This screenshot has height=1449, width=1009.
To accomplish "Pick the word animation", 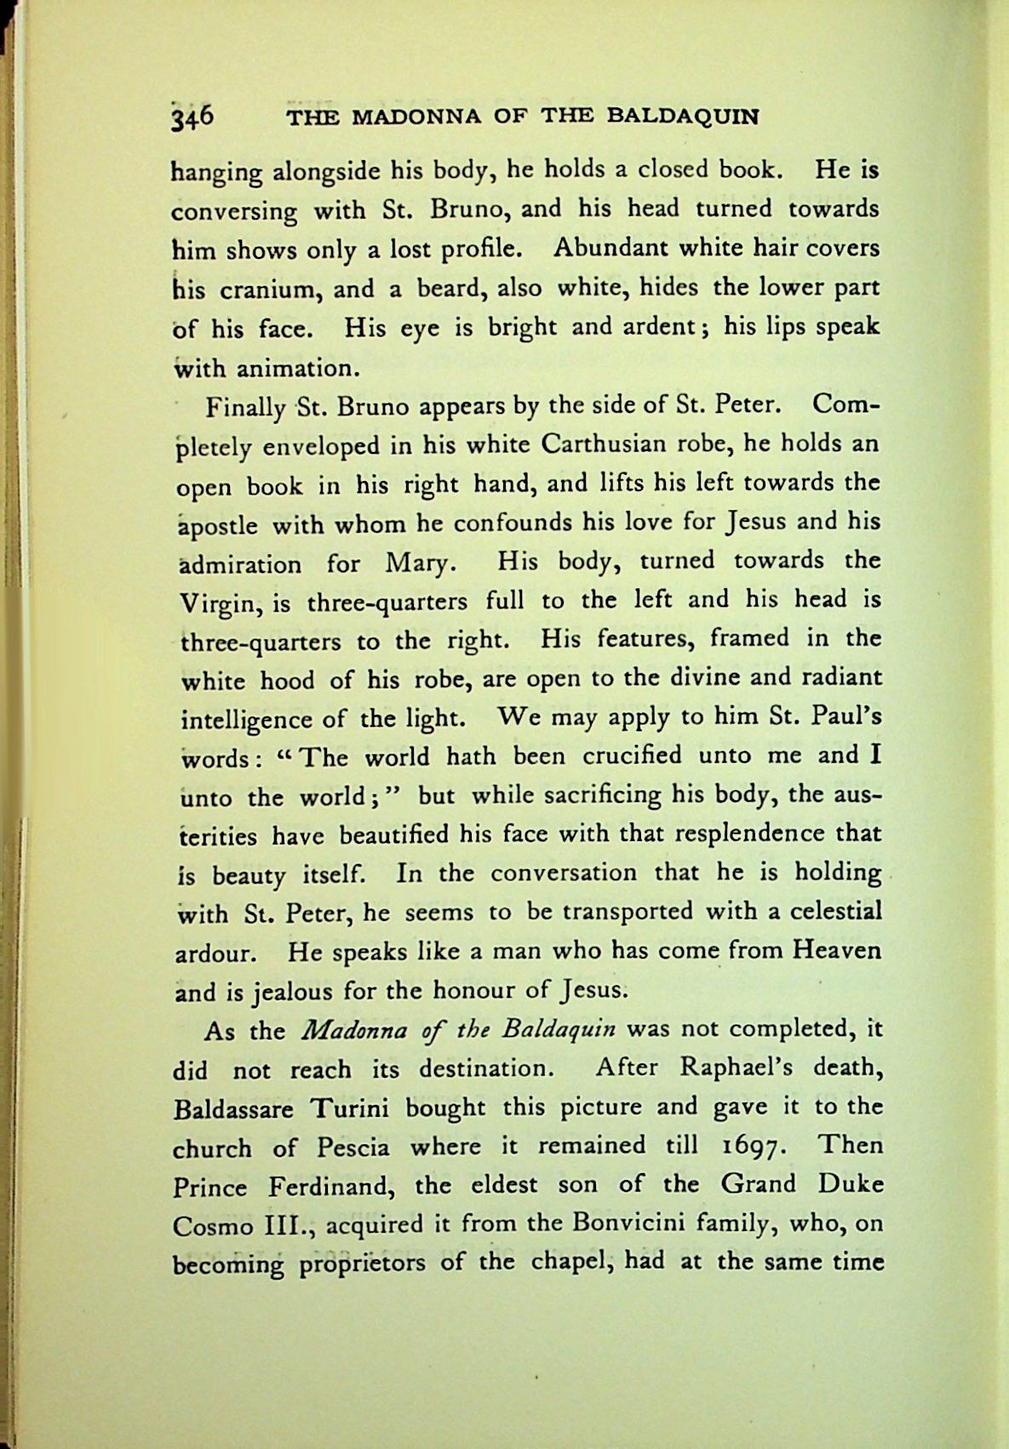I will [x=294, y=369].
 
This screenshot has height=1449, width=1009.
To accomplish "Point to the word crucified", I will [x=633, y=755].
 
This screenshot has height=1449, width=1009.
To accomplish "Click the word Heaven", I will [x=836, y=950].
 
